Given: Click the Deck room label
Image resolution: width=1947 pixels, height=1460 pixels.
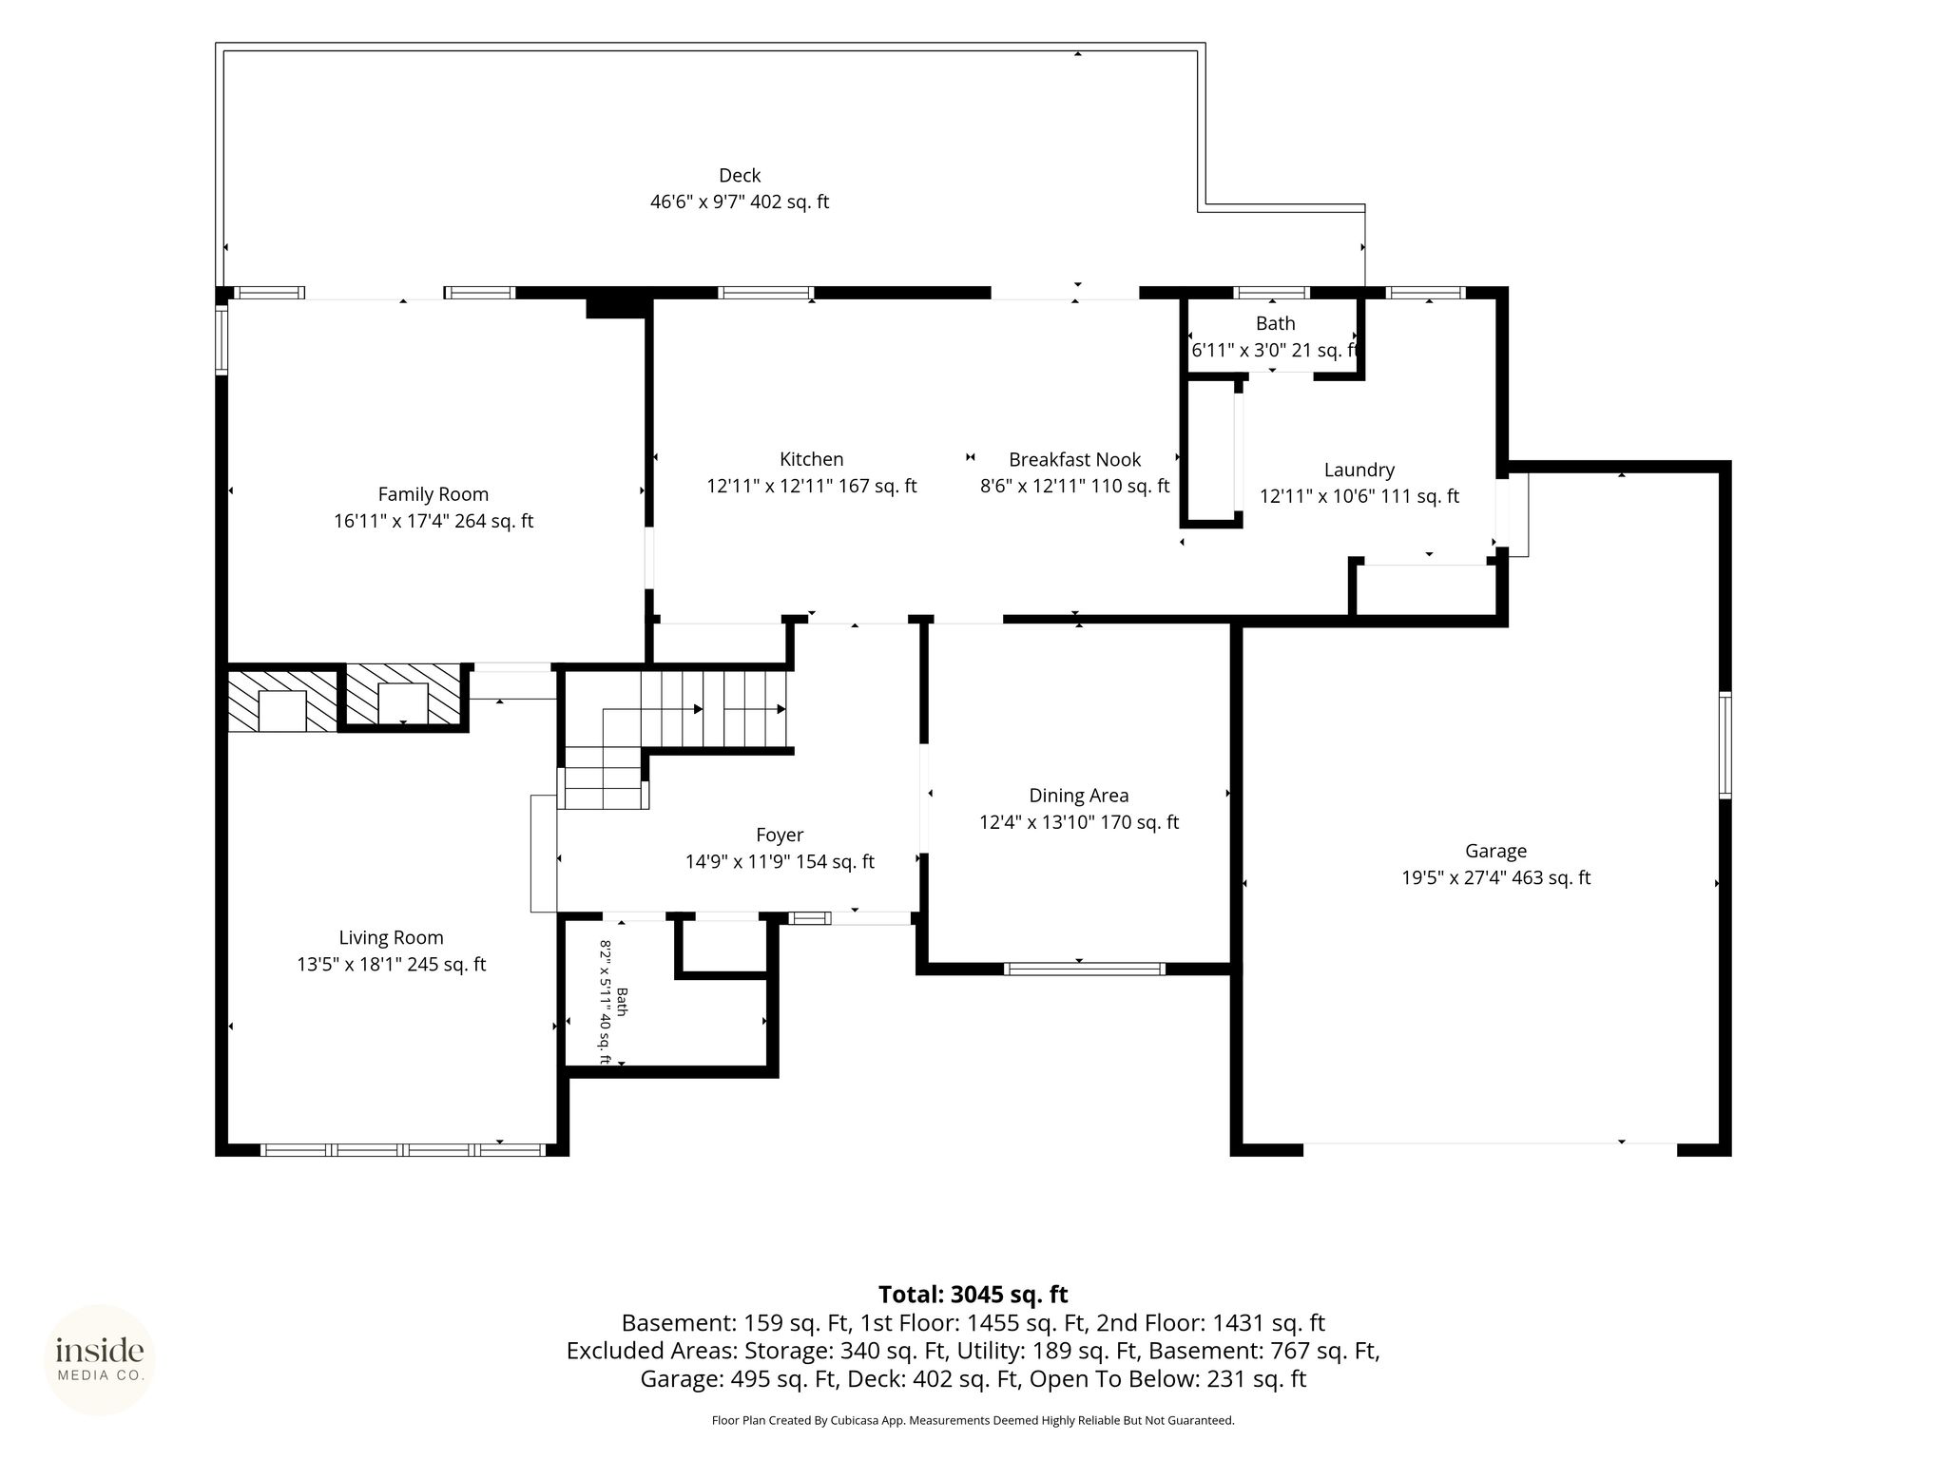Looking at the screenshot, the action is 740,176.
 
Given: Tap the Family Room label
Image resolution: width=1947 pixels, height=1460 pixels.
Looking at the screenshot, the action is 434,494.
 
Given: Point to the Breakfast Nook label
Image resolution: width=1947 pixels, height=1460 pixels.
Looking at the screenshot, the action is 1075,460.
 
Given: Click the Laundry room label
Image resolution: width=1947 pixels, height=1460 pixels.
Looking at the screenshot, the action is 1359,471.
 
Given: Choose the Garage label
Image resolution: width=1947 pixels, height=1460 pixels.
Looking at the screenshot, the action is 1496,852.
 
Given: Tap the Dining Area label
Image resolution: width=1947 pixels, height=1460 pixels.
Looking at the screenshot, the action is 1079,796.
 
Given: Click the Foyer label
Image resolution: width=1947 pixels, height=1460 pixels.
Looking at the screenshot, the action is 780,836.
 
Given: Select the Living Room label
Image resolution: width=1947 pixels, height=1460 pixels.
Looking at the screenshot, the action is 392,938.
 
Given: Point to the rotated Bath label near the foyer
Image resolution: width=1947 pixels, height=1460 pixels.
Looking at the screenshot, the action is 623,1002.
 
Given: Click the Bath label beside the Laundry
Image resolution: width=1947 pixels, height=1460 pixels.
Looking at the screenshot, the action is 1276,324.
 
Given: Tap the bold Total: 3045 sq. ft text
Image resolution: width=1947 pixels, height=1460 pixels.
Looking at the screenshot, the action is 973,1295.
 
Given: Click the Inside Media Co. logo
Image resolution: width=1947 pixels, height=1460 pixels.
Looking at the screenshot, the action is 100,1359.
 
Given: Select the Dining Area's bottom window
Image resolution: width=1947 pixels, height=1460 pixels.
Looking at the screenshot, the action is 1084,970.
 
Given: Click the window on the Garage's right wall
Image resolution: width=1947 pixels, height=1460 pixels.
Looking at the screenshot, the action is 1725,745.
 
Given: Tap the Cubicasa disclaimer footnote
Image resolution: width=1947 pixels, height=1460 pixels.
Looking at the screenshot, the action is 973,1421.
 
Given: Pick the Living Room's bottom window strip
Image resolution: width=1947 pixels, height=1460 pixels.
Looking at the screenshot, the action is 403,1150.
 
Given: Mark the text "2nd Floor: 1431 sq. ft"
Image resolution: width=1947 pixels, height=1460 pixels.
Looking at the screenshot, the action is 1210,1323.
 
